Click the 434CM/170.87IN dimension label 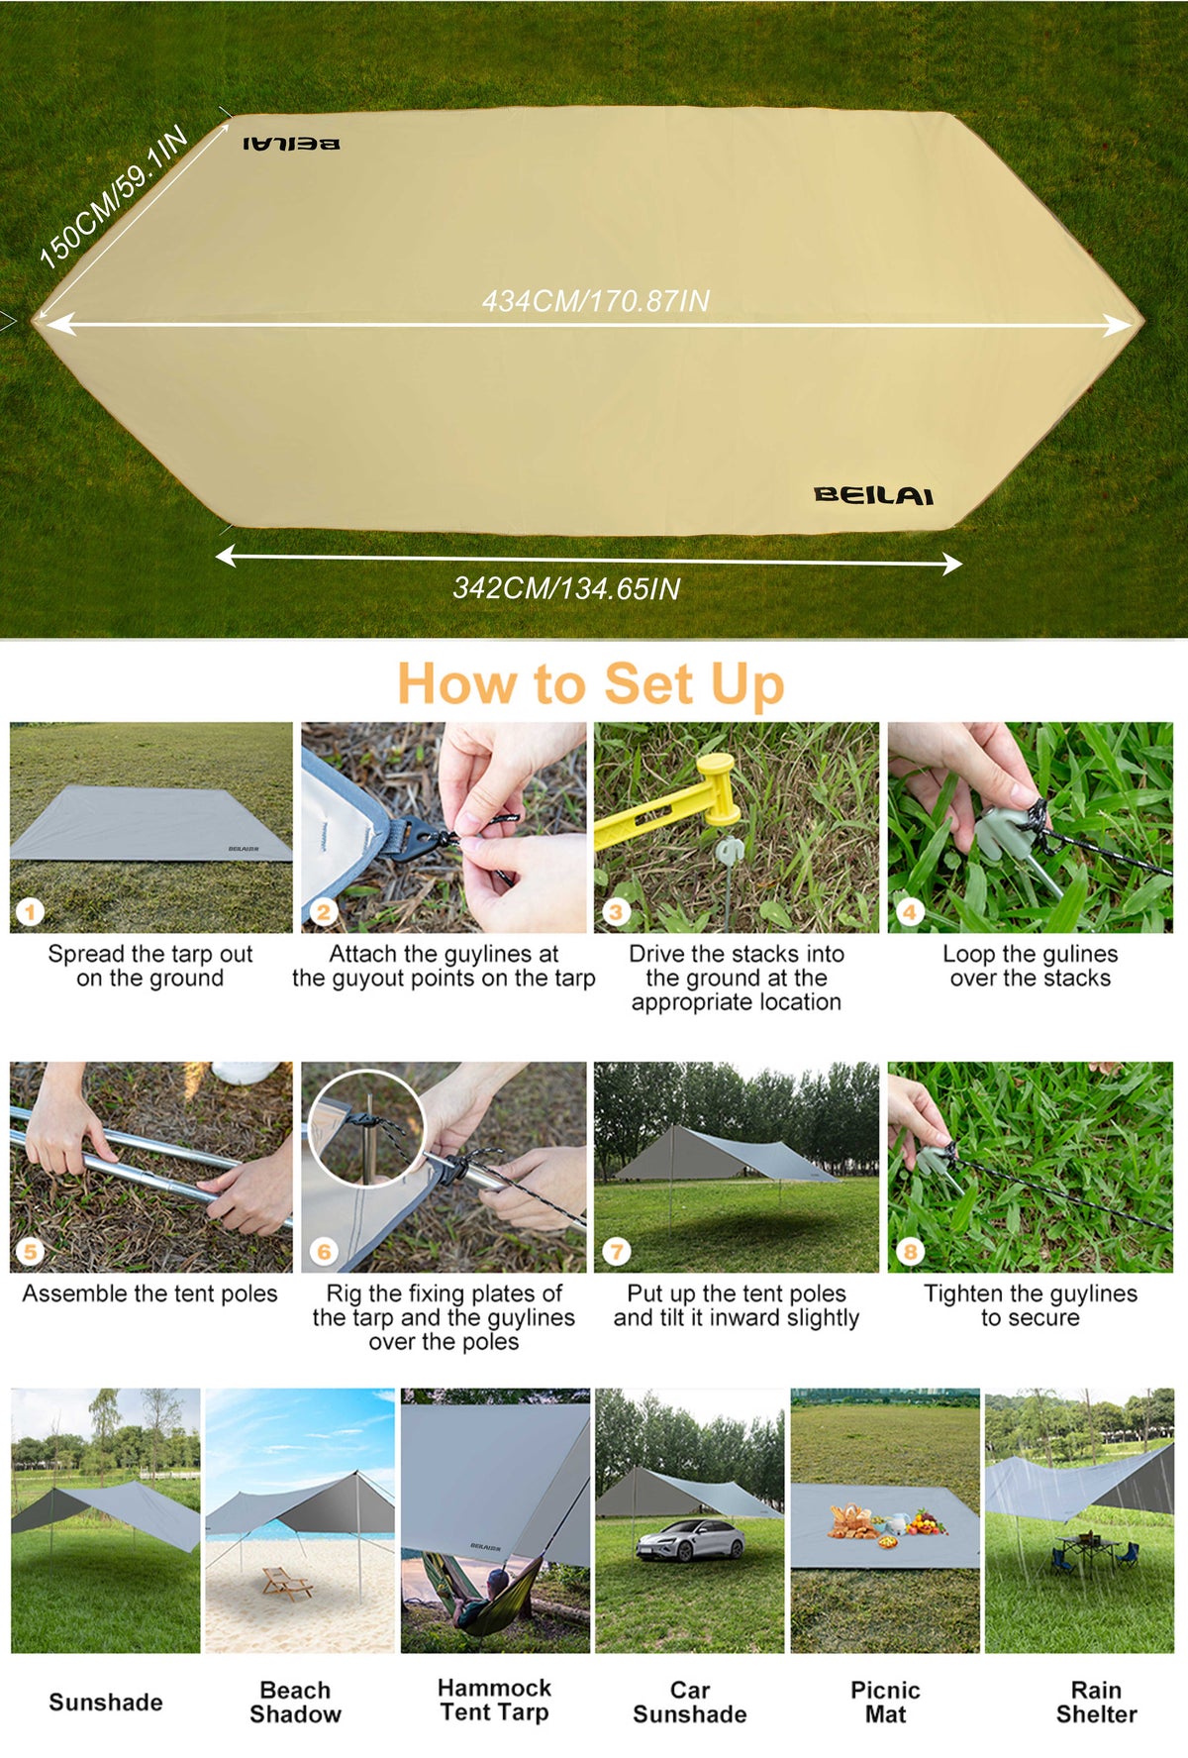pos(595,301)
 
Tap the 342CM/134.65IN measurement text pos(566,588)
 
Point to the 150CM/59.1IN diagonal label pos(113,196)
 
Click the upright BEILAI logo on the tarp pos(873,495)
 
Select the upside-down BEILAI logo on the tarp pos(291,144)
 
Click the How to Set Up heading pos(591,684)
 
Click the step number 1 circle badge pos(31,912)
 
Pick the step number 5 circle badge pos(31,1252)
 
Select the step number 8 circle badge pos(910,1252)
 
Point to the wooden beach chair pos(287,1583)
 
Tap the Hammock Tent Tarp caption pos(494,1700)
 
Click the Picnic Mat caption pos(885,1702)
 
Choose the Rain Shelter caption pos(1096,1702)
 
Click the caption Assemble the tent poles pos(150,1293)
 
